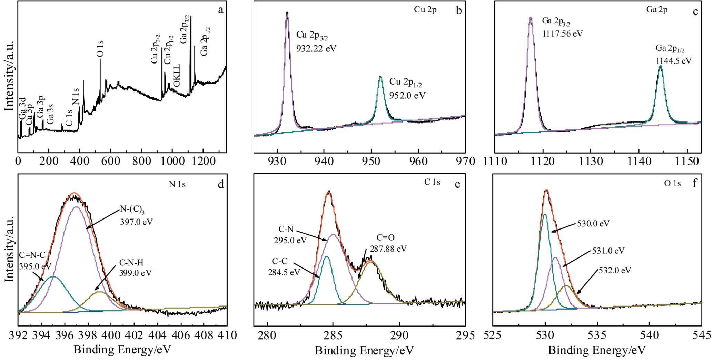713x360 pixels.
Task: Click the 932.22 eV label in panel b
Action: coord(316,48)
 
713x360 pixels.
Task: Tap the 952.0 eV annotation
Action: coord(407,95)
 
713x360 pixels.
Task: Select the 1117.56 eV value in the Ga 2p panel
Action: coord(562,34)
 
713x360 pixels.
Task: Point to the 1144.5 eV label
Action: coord(673,61)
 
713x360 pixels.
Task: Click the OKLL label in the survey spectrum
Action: coord(177,75)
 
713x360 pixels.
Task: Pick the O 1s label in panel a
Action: coord(100,49)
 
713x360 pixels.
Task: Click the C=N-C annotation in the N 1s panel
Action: coord(32,255)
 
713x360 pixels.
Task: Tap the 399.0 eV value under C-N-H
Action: coord(136,273)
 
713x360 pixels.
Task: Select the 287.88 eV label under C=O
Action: coord(388,249)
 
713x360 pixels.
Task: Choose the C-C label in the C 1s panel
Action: coord(279,261)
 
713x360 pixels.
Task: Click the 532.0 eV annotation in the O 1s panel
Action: coord(615,270)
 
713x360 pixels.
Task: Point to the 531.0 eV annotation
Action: coord(608,251)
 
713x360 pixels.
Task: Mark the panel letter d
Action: coord(221,184)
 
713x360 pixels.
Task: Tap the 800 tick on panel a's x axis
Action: coord(141,161)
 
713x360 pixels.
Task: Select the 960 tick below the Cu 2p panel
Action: coord(418,161)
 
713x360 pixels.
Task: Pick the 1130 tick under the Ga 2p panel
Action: coord(591,161)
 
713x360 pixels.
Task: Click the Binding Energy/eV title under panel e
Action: coord(364,350)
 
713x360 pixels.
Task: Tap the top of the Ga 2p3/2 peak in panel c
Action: coord(531,17)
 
